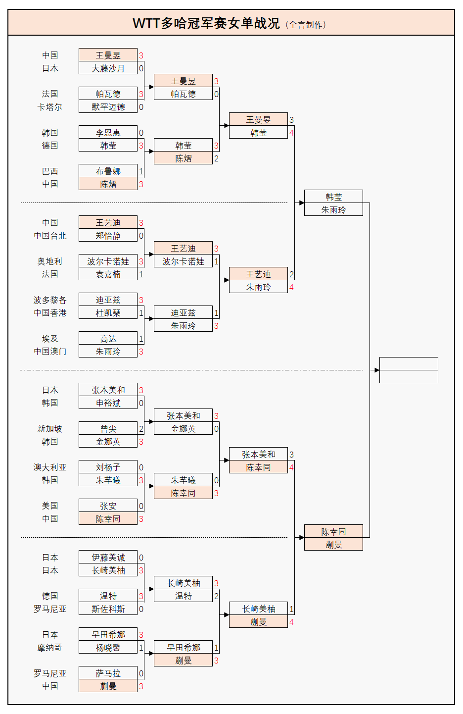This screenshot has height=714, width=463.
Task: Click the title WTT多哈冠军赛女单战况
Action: [206, 23]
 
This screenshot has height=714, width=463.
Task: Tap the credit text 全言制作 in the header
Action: [307, 25]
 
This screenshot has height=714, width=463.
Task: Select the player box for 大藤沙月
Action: [108, 68]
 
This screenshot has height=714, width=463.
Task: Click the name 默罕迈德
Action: [108, 107]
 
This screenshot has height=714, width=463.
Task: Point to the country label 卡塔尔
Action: [50, 107]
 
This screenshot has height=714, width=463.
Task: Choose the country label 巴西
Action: [50, 171]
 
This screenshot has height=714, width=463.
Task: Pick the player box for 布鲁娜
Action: [108, 171]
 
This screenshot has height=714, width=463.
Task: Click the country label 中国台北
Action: [50, 236]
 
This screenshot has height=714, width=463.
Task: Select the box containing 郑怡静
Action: [108, 236]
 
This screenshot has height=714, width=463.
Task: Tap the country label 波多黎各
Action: [50, 300]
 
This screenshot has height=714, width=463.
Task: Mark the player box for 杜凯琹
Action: [108, 313]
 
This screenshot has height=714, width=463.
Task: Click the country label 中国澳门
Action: [50, 352]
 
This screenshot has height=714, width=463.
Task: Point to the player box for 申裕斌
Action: [108, 403]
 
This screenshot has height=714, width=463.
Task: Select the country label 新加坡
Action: [50, 429]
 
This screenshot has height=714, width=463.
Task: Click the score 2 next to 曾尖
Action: [141, 429]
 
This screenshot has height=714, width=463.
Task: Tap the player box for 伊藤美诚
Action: [108, 558]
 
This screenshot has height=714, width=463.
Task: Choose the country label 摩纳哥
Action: [50, 648]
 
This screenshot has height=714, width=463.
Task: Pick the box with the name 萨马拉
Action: [108, 673]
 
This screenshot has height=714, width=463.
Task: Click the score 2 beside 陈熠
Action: [216, 158]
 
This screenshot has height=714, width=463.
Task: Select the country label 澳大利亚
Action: [50, 467]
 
